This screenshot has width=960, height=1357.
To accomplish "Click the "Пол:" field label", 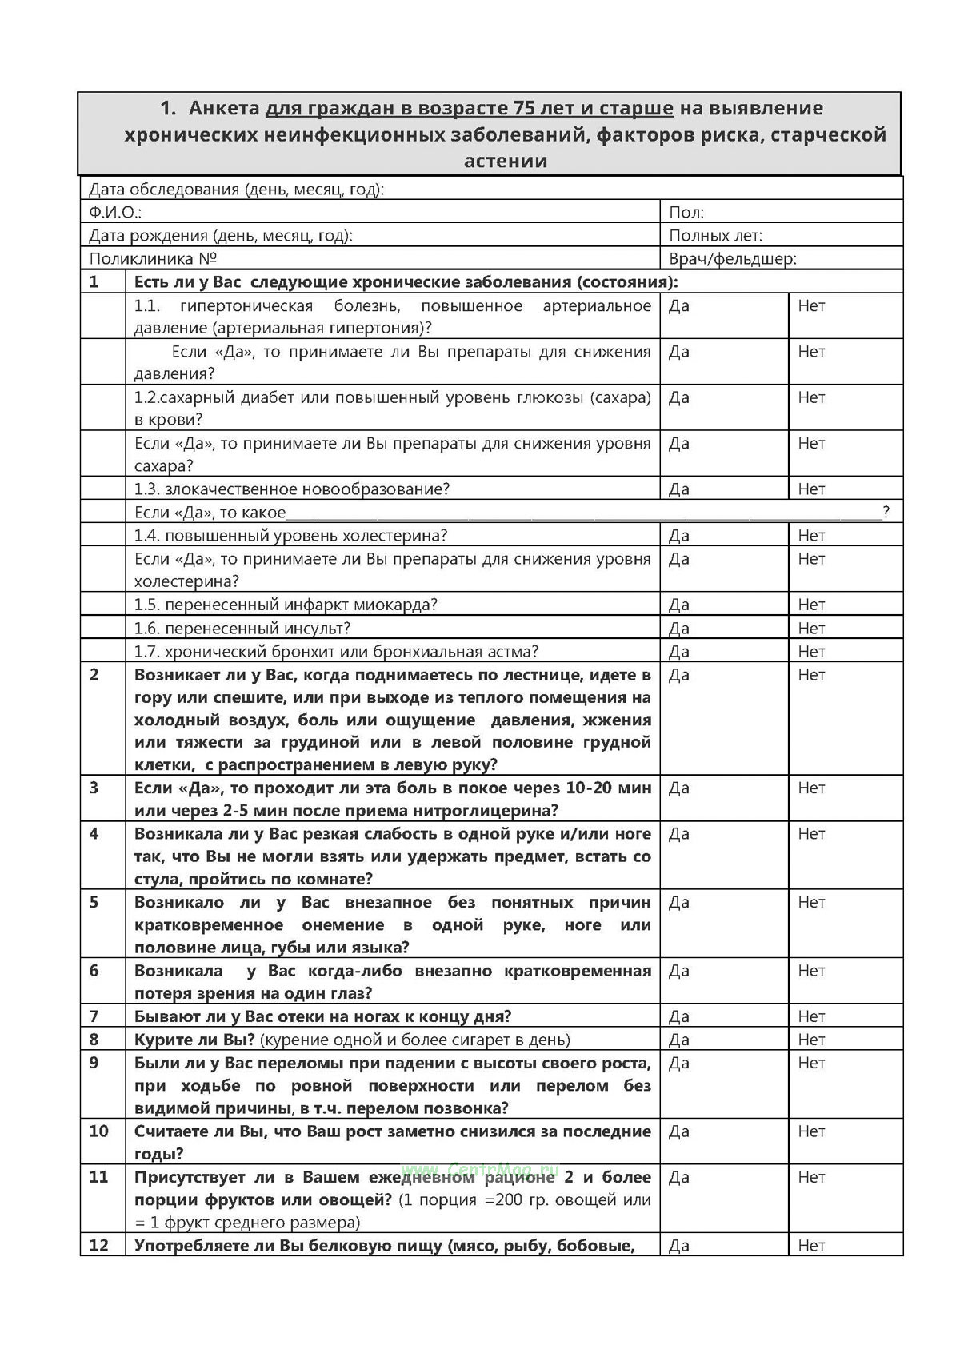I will pyautogui.click(x=686, y=213).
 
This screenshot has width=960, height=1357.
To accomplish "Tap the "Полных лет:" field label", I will pyautogui.click(x=715, y=236).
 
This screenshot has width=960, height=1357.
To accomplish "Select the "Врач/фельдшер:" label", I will pyautogui.click(x=732, y=259).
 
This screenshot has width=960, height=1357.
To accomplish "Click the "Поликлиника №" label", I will pyautogui.click(x=154, y=259).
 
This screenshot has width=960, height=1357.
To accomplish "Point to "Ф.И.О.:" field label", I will pyautogui.click(x=115, y=213).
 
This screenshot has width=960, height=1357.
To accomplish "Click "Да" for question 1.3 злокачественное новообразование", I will pyautogui.click(x=679, y=489).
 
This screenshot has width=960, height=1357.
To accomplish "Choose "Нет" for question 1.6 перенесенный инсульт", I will pyautogui.click(x=811, y=629).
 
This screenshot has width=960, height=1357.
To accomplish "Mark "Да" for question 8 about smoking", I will pyautogui.click(x=679, y=1040).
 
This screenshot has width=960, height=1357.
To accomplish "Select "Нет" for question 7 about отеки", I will pyautogui.click(x=811, y=1017).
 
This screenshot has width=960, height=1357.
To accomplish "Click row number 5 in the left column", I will pyautogui.click(x=94, y=903).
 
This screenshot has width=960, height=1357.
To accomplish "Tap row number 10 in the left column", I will pyautogui.click(x=98, y=1131).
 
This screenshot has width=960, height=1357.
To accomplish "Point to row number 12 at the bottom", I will pyautogui.click(x=98, y=1246).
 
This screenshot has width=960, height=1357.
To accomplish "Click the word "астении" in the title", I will pyautogui.click(x=506, y=161).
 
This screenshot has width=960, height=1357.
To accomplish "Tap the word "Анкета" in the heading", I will pyautogui.click(x=225, y=108).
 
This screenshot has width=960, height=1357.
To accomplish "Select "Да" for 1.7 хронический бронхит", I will pyautogui.click(x=679, y=652).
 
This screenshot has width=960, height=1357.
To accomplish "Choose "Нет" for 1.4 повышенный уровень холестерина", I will pyautogui.click(x=811, y=536).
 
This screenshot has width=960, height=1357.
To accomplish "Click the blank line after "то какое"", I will pyautogui.click(x=584, y=513).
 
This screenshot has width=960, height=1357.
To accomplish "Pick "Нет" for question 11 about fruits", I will pyautogui.click(x=811, y=1178).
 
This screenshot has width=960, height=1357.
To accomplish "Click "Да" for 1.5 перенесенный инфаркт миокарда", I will pyautogui.click(x=679, y=605).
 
